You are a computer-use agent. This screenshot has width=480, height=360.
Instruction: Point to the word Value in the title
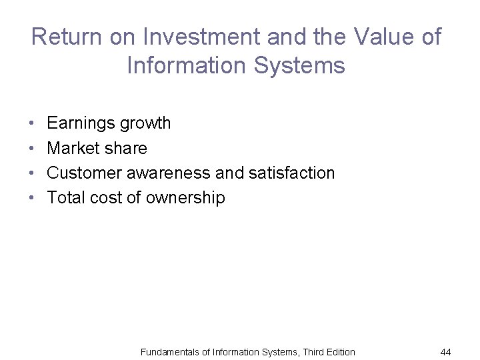point(376,37)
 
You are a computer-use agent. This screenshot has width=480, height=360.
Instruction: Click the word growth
point(144,123)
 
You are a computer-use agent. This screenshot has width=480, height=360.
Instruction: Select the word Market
point(71,148)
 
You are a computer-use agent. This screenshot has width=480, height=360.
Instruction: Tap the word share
point(124,148)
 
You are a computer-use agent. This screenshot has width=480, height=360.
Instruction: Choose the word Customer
point(84,173)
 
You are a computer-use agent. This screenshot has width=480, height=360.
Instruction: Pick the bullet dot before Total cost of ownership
point(32,198)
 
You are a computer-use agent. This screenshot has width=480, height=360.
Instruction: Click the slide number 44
point(445,351)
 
